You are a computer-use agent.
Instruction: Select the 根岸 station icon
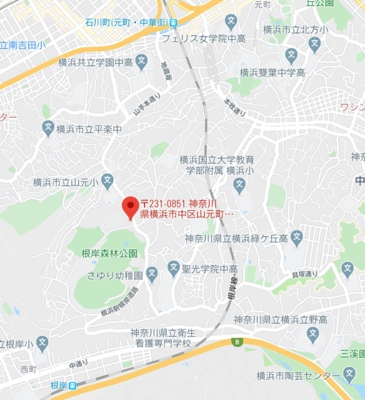[72, 386]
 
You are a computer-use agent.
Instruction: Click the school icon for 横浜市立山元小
[107, 182]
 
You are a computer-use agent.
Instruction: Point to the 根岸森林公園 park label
[109, 253]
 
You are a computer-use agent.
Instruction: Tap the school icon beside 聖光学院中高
[173, 269]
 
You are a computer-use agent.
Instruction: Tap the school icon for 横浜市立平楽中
[48, 129]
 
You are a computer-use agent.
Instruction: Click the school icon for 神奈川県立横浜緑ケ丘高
[296, 238]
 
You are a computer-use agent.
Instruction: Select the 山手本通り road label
[147, 104]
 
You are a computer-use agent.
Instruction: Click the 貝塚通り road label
[305, 273]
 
